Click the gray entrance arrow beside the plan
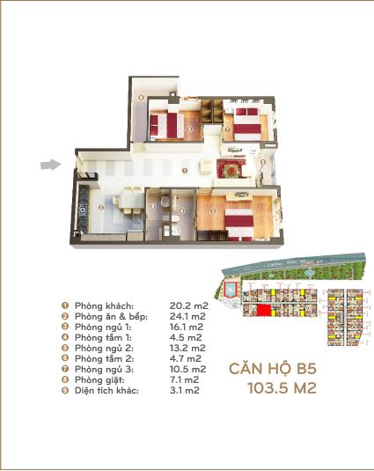pos(50,164)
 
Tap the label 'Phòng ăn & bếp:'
pos(111,315)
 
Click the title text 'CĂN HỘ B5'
pos(271,367)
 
